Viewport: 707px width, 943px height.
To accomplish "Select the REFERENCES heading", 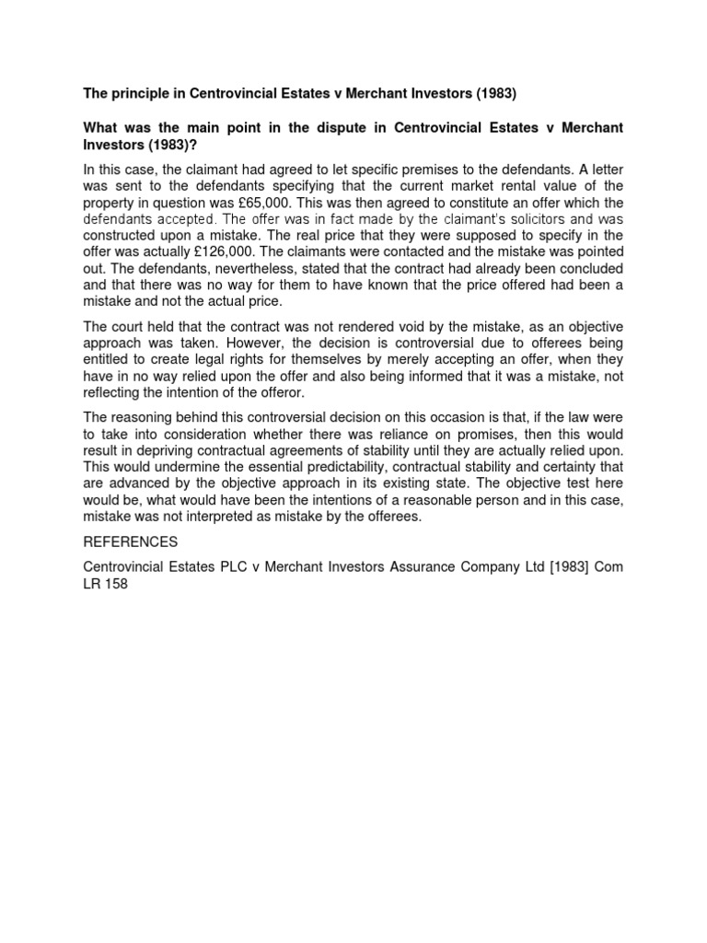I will [130, 542].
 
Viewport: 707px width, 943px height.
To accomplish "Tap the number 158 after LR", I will [115, 584].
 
